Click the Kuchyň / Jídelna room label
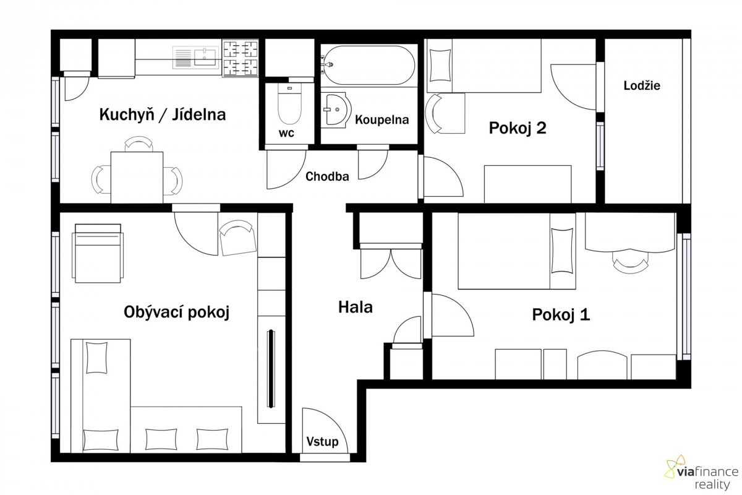coord(163,114)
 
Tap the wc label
coord(286,133)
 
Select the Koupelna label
coord(382,119)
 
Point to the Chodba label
coord(327,176)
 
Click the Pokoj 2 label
coord(518,128)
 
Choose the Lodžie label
coord(642,85)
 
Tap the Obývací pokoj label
coord(177,312)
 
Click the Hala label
coord(356,308)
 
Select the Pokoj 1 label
coord(561,314)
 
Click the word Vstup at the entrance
coord(322,442)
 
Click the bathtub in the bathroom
coord(369,66)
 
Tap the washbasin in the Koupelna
coord(335,109)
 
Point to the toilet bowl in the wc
coord(289,104)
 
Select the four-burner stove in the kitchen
coord(241,58)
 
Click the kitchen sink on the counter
coord(195,58)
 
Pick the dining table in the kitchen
coord(137,178)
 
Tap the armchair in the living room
coord(98,254)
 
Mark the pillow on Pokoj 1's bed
coord(563,251)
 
